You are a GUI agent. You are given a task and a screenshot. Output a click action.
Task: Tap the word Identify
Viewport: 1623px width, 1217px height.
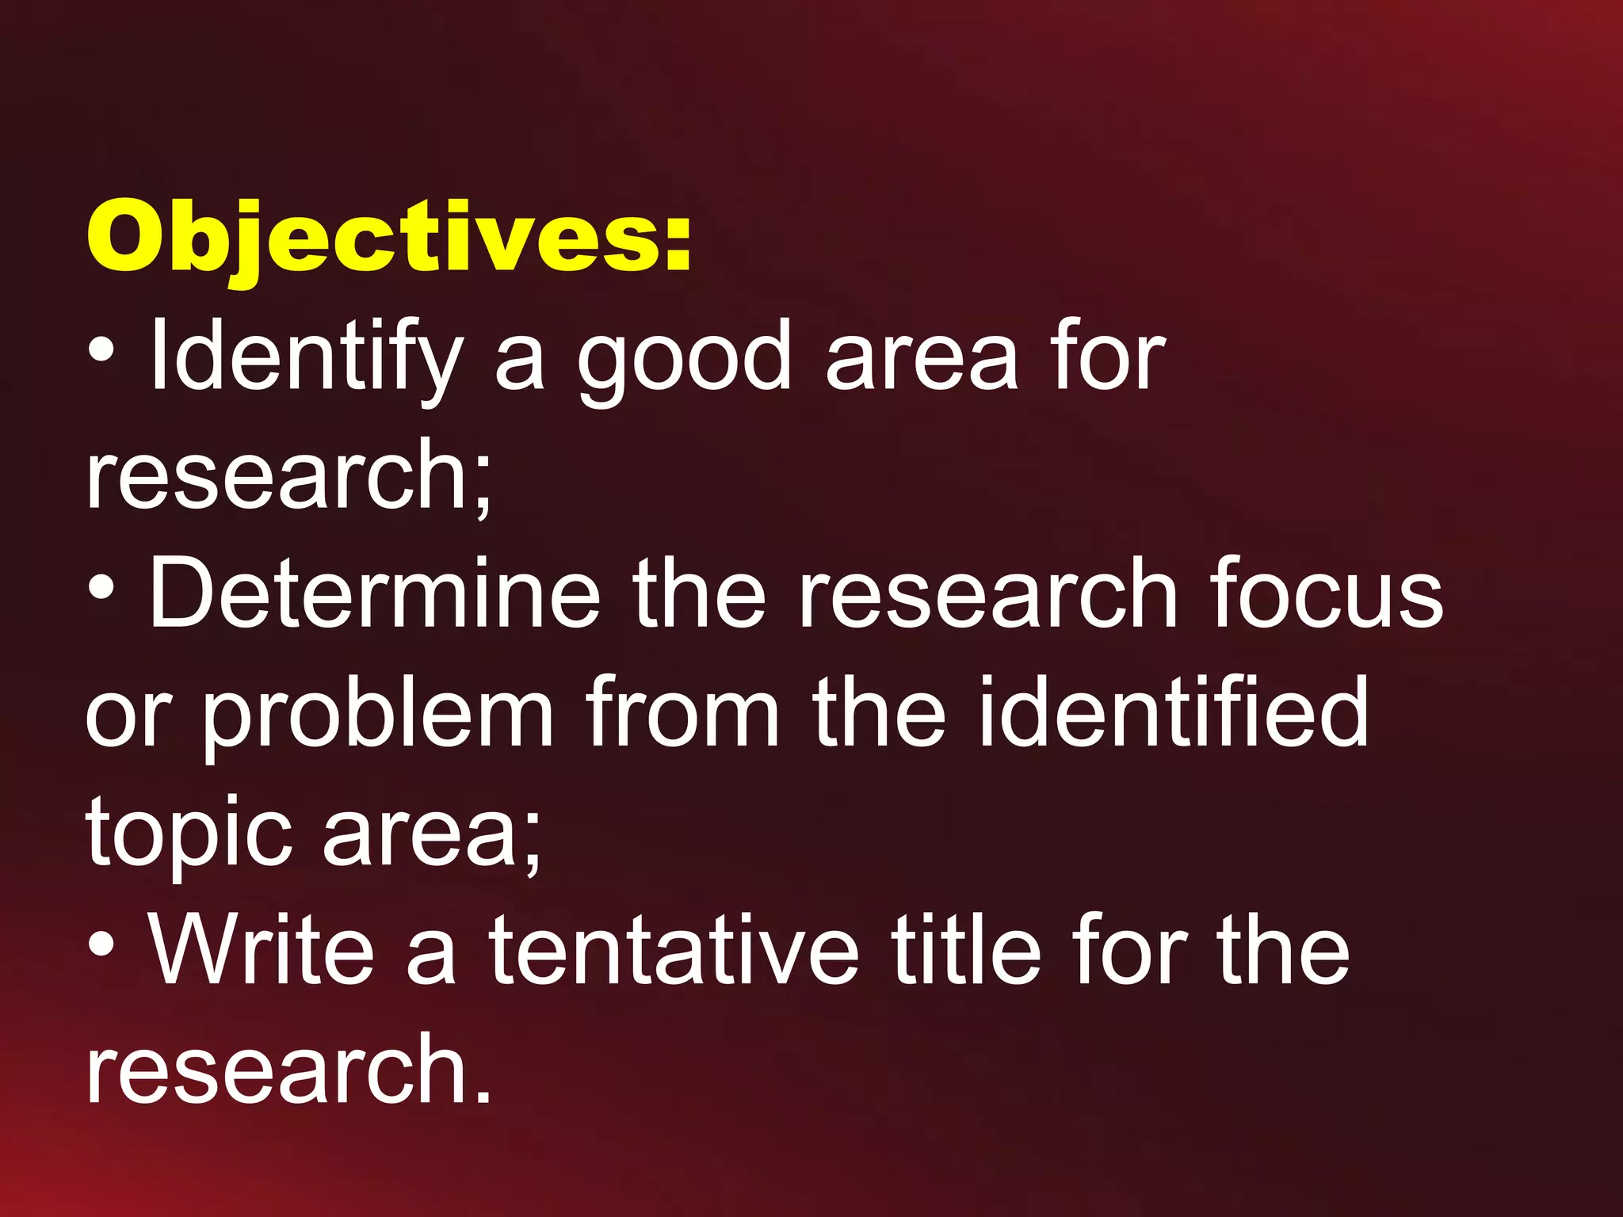[x=306, y=357]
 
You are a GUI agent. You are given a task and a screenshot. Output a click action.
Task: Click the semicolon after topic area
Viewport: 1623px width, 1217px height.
[x=532, y=841]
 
